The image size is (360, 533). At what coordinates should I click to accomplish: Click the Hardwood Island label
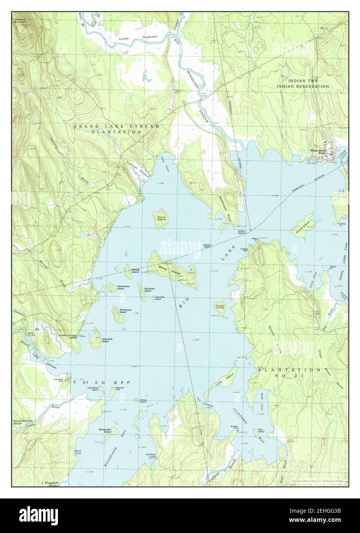[123, 311]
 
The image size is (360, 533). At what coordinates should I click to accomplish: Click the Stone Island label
[302, 225]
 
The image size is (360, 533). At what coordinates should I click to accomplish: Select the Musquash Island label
[105, 431]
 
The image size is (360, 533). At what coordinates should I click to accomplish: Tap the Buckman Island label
[150, 290]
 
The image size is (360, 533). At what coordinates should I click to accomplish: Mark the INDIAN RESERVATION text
[303, 87]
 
